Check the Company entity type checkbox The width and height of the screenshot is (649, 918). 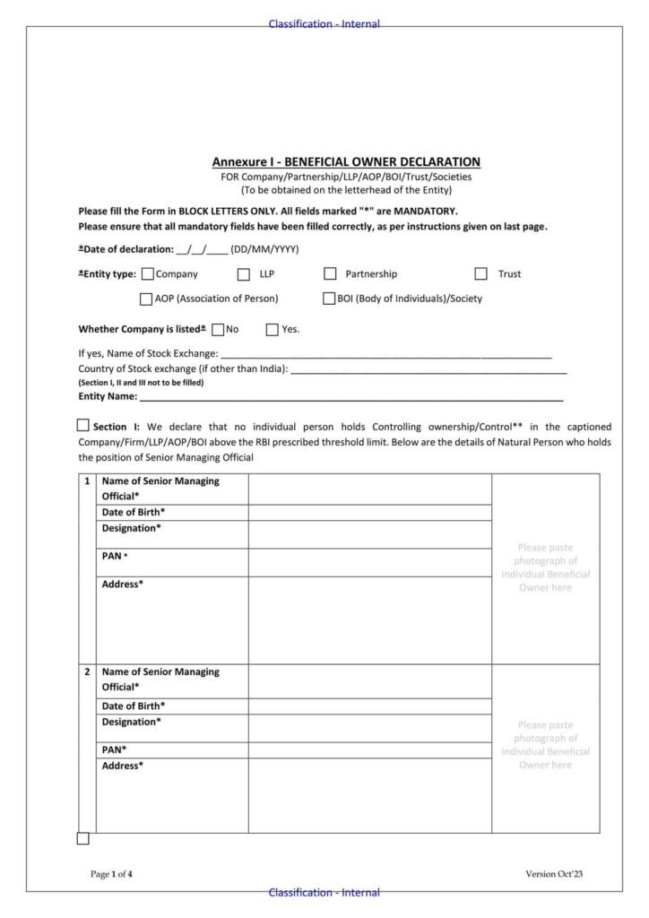(x=148, y=274)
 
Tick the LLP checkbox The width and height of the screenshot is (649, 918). (x=244, y=274)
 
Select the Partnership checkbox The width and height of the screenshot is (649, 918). (x=330, y=274)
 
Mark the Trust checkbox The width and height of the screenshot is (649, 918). (x=481, y=274)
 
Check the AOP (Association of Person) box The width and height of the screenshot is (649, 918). (x=146, y=299)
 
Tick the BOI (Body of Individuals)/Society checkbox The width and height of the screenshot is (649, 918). (x=329, y=299)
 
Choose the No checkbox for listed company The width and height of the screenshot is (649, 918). (x=218, y=329)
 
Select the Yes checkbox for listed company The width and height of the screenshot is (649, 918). (x=273, y=329)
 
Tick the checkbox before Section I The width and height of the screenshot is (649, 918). (x=83, y=426)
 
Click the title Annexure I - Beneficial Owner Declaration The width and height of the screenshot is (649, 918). (x=346, y=162)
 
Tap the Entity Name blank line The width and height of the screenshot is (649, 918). (x=350, y=395)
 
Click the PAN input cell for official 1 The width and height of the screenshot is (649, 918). (x=369, y=562)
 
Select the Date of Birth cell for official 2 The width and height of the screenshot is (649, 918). (x=369, y=706)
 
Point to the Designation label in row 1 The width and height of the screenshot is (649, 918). (x=132, y=529)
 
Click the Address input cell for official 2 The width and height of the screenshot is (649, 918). (x=369, y=795)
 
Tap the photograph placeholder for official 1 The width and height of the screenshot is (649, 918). (x=545, y=568)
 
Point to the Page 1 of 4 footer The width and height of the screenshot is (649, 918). (x=112, y=874)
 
